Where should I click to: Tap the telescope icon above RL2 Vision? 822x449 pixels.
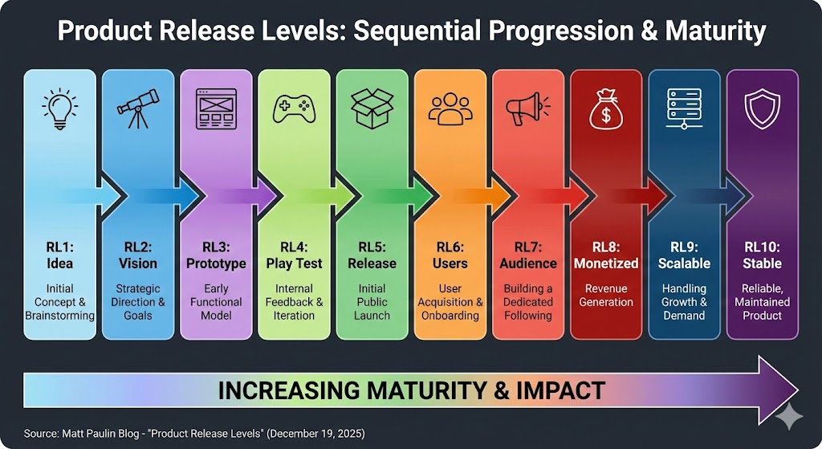pyautogui.click(x=137, y=109)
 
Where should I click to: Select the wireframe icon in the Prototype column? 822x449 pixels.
pyautogui.click(x=216, y=109)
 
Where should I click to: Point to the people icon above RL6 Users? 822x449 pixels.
pyautogui.click(x=450, y=109)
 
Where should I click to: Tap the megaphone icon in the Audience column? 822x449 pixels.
pyautogui.click(x=528, y=109)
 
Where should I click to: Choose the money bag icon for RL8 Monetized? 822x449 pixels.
pyautogui.click(x=606, y=109)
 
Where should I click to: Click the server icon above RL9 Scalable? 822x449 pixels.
pyautogui.click(x=685, y=110)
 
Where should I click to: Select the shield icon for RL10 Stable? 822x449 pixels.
pyautogui.click(x=762, y=109)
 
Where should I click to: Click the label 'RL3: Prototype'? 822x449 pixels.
pyautogui.click(x=216, y=255)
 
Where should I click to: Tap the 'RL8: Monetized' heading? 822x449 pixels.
pyautogui.click(x=606, y=255)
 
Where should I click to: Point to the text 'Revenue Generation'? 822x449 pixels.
pyautogui.click(x=606, y=295)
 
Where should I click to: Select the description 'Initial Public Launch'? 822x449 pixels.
pyautogui.click(x=372, y=301)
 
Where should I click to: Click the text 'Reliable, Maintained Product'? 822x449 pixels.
pyautogui.click(x=762, y=301)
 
